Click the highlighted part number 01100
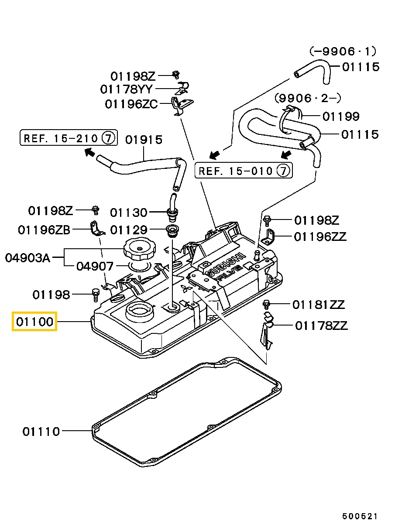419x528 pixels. [34, 322]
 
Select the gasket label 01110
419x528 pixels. [41, 432]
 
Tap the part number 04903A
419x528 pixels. [27, 258]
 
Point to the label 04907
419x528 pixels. [95, 266]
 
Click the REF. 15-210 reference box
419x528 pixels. [69, 137]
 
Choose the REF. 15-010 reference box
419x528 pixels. [244, 170]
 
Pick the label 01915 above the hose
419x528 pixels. [144, 140]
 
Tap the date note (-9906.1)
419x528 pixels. [343, 51]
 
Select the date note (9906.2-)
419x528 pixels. [308, 98]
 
